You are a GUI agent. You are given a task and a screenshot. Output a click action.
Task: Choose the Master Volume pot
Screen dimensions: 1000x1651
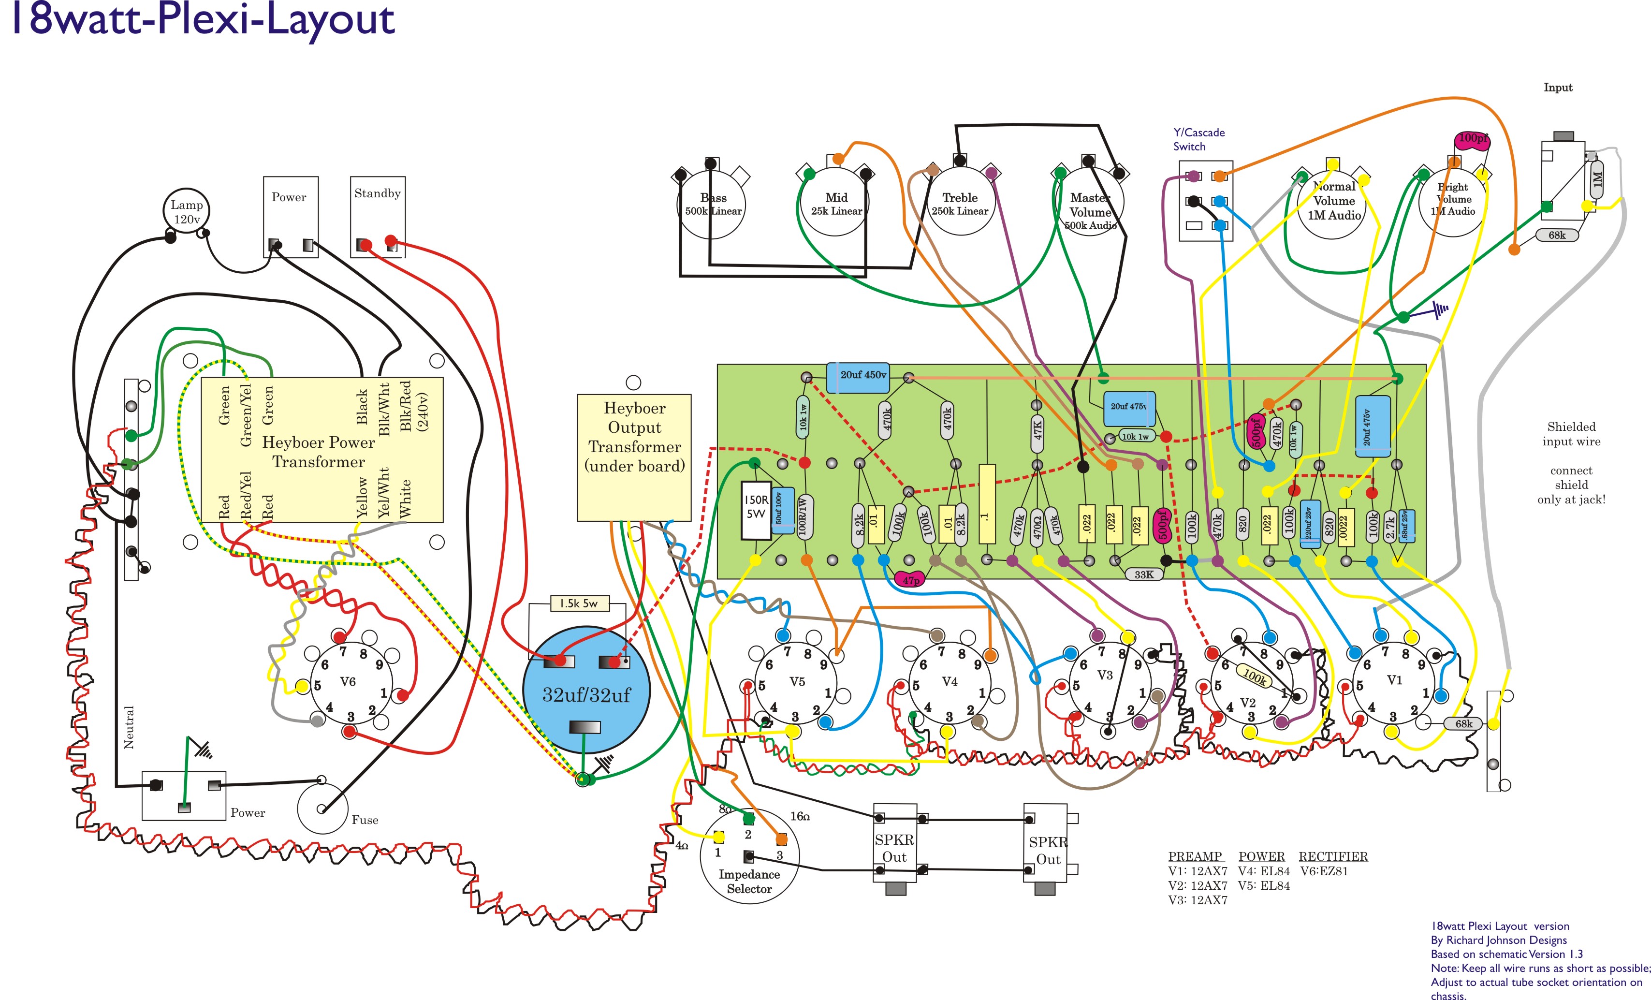tap(1090, 205)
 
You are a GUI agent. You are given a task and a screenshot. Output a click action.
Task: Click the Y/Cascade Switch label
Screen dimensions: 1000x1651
tap(1198, 139)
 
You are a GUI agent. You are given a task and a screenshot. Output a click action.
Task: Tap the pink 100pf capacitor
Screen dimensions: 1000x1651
tap(1472, 139)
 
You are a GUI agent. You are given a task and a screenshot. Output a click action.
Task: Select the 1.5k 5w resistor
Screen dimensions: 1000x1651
tap(578, 603)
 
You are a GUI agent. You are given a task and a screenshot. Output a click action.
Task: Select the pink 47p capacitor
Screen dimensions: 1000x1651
tap(911, 580)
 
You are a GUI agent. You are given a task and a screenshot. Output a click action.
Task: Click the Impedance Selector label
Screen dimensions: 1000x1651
tap(749, 882)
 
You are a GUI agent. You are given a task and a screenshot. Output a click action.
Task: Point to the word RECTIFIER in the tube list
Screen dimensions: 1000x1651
tap(1333, 856)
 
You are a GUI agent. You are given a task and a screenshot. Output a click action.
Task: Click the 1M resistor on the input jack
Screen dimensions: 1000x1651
tap(1597, 179)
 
